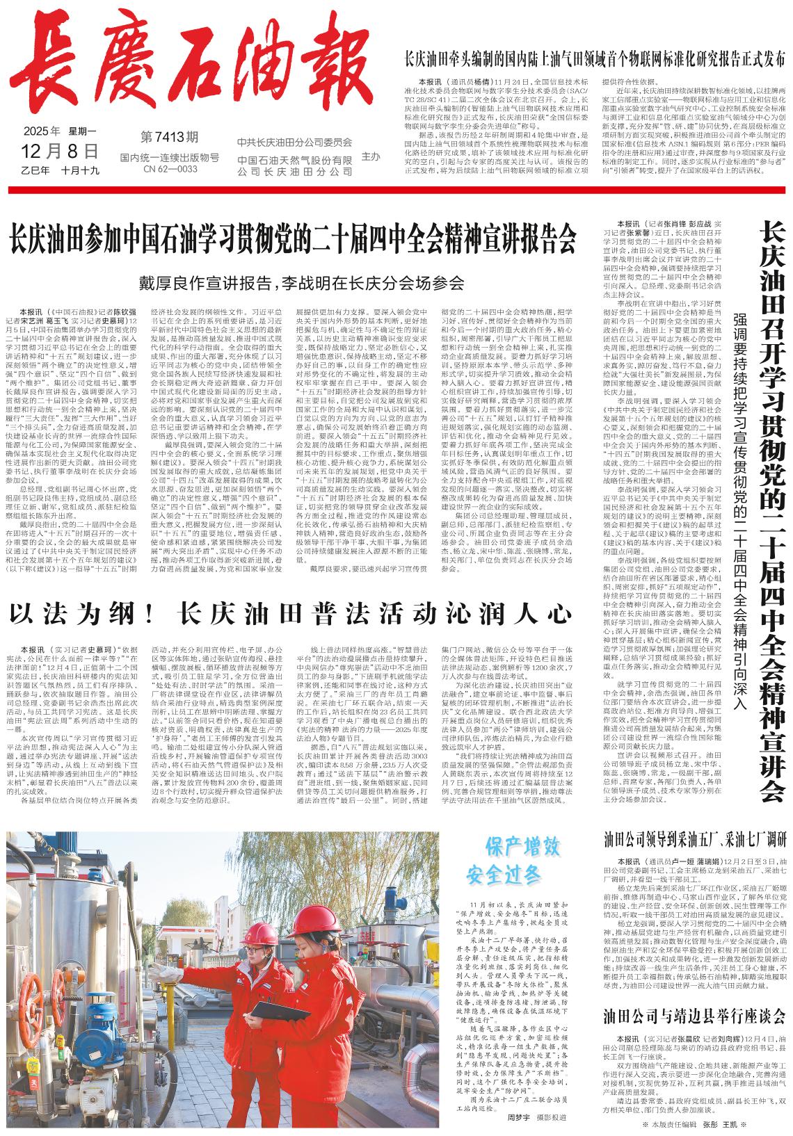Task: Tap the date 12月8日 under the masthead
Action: point(60,151)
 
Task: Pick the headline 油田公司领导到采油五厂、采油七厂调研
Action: point(695,838)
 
